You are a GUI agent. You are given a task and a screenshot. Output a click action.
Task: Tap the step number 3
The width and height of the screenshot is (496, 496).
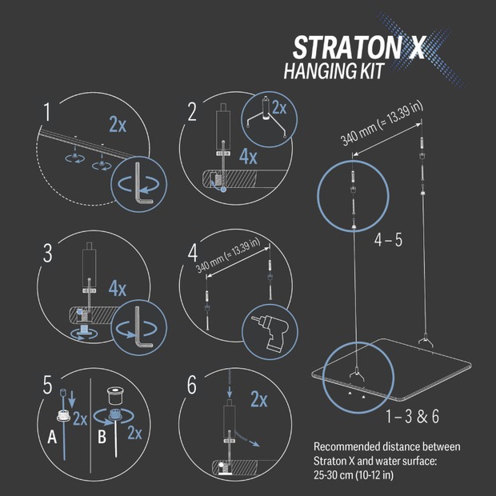click(x=49, y=254)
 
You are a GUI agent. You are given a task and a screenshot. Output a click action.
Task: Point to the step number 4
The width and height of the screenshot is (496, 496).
click(x=193, y=254)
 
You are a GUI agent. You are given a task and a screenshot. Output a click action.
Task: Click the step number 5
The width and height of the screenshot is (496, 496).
click(x=50, y=386)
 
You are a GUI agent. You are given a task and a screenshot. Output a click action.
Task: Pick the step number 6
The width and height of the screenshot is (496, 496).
click(x=193, y=386)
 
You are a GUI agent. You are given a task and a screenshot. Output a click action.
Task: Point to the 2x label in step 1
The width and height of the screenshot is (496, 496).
click(x=118, y=123)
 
